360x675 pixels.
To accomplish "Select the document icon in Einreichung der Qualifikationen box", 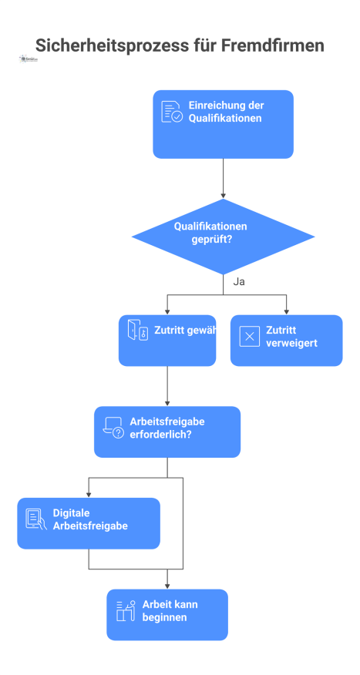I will (x=171, y=112).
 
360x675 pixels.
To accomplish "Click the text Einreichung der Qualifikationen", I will (x=225, y=112).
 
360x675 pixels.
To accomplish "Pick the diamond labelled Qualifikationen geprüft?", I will (x=223, y=236).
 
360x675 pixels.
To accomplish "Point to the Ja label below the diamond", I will (x=239, y=282).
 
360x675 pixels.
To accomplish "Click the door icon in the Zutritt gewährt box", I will (x=137, y=331).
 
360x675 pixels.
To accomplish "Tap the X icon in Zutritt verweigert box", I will (x=250, y=336).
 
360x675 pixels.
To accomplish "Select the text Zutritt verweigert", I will (x=291, y=336).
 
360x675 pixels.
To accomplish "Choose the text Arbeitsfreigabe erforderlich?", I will (x=167, y=428).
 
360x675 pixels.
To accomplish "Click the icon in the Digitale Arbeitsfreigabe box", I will (x=35, y=519).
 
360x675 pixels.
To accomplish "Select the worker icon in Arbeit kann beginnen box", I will (x=126, y=611).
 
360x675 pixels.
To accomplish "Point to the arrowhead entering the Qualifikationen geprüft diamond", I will (x=223, y=196).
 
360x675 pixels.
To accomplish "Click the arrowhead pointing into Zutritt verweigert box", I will (x=287, y=311).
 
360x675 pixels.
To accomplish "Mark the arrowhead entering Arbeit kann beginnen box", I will (x=167, y=586).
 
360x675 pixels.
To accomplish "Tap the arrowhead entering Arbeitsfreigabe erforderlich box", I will (x=167, y=403).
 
